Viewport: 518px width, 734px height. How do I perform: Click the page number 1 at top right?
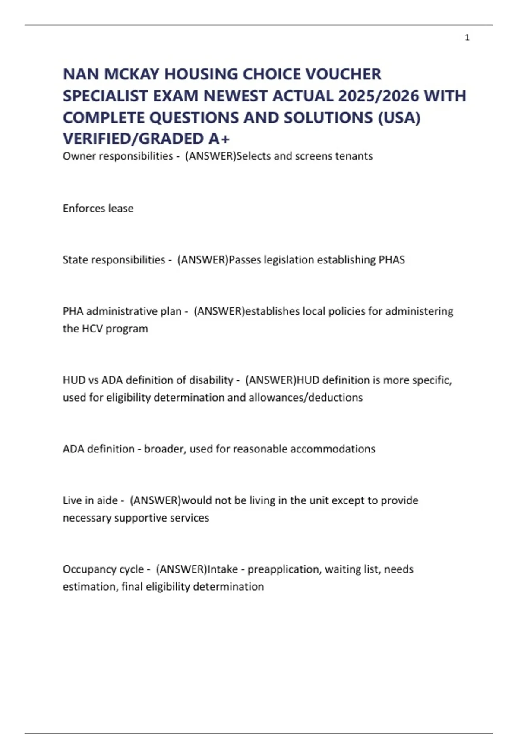(x=467, y=38)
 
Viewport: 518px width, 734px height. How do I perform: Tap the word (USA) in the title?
(x=399, y=117)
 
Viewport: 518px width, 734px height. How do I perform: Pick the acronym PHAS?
(x=392, y=259)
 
